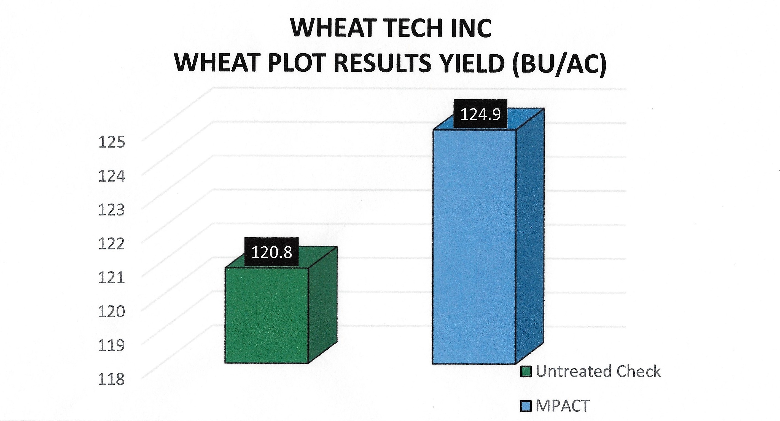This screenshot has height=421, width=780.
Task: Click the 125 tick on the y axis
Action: pos(111,142)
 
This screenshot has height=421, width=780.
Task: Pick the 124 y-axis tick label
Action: pos(111,176)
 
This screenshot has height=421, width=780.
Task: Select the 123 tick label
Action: pos(111,210)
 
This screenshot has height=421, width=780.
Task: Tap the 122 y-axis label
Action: pos(111,244)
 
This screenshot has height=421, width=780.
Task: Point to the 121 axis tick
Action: pos(111,278)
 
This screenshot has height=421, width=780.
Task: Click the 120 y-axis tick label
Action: pos(111,311)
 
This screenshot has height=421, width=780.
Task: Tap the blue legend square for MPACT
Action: pos(526,406)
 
